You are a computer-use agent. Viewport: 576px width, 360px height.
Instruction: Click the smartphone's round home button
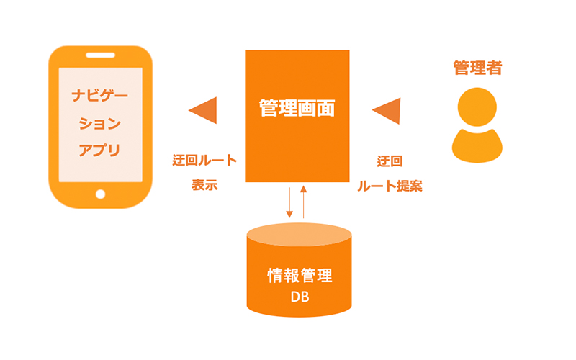pyautogui.click(x=100, y=194)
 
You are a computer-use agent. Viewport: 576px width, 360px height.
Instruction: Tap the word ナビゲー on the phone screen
pyautogui.click(x=100, y=96)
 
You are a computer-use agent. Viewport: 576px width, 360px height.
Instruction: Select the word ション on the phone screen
pyautogui.click(x=100, y=123)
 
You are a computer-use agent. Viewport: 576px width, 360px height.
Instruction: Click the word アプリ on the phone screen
pyautogui.click(x=100, y=150)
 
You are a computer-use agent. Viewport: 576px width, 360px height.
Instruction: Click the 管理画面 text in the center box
pyautogui.click(x=297, y=109)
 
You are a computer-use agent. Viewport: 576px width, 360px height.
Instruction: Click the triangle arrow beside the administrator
pyautogui.click(x=387, y=110)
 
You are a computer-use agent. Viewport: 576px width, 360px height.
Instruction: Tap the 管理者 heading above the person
pyautogui.click(x=477, y=68)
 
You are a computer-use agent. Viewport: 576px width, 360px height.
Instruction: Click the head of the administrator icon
pyautogui.click(x=477, y=106)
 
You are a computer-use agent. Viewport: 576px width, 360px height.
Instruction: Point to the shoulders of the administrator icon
pyautogui.click(x=477, y=144)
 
